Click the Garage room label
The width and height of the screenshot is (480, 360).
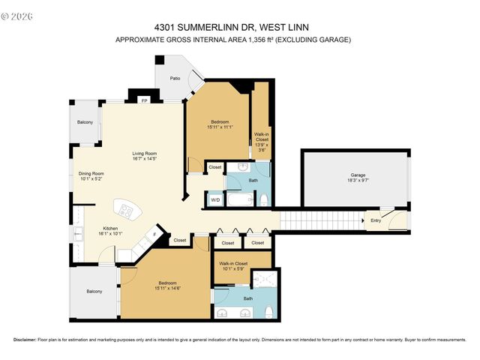pyautogui.click(x=358, y=175)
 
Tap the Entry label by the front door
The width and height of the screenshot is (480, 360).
pyautogui.click(x=375, y=220)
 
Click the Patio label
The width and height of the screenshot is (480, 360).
pyautogui.click(x=175, y=78)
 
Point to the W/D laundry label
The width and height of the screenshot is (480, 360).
pyautogui.click(x=215, y=200)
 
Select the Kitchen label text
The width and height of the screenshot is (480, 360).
pyautogui.click(x=110, y=229)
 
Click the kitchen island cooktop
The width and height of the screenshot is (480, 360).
pyautogui.click(x=125, y=211)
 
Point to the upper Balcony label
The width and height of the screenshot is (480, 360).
pyautogui.click(x=85, y=121)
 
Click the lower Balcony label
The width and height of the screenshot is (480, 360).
pyautogui.click(x=94, y=291)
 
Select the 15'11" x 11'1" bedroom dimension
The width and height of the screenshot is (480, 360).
pyautogui.click(x=220, y=127)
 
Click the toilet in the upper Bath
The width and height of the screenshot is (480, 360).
pyautogui.click(x=264, y=199)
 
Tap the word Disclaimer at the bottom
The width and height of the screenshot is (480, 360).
pyautogui.click(x=26, y=340)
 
